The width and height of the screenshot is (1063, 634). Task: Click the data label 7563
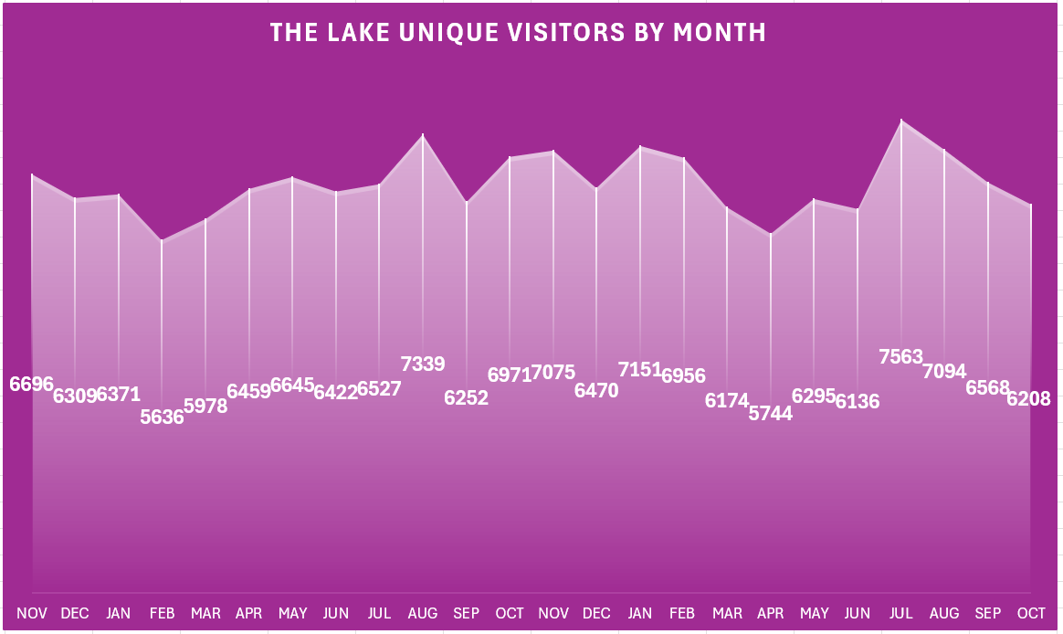tap(901, 357)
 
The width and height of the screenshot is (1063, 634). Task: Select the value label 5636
tap(162, 417)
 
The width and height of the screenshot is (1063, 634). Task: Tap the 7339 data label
tap(423, 364)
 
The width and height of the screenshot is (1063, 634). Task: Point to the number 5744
tap(771, 413)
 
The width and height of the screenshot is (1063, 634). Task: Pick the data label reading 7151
tap(640, 369)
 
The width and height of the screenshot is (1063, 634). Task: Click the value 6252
tap(466, 398)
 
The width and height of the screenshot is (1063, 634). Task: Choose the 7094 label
tap(944, 371)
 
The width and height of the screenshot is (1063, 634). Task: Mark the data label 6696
tap(32, 384)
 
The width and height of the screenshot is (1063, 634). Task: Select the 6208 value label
tap(1029, 398)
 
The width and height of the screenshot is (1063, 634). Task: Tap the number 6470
tap(596, 391)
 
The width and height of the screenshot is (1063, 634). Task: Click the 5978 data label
tap(205, 406)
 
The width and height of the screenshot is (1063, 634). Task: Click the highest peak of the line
tap(901, 121)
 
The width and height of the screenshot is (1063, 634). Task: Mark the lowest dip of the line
tap(162, 241)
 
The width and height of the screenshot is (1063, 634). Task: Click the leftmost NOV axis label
tap(32, 613)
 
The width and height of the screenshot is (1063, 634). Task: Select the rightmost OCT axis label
tap(1030, 613)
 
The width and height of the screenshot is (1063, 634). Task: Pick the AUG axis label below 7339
tap(423, 613)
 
